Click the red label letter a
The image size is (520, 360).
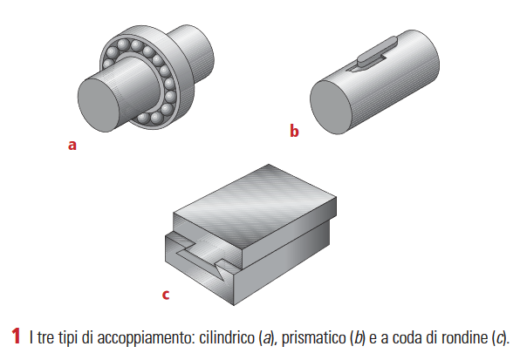(72, 146)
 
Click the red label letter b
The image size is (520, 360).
(294, 132)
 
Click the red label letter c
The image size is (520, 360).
(165, 294)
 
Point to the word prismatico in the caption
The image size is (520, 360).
(305, 337)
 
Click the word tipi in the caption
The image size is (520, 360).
(67, 337)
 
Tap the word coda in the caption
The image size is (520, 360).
(402, 337)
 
